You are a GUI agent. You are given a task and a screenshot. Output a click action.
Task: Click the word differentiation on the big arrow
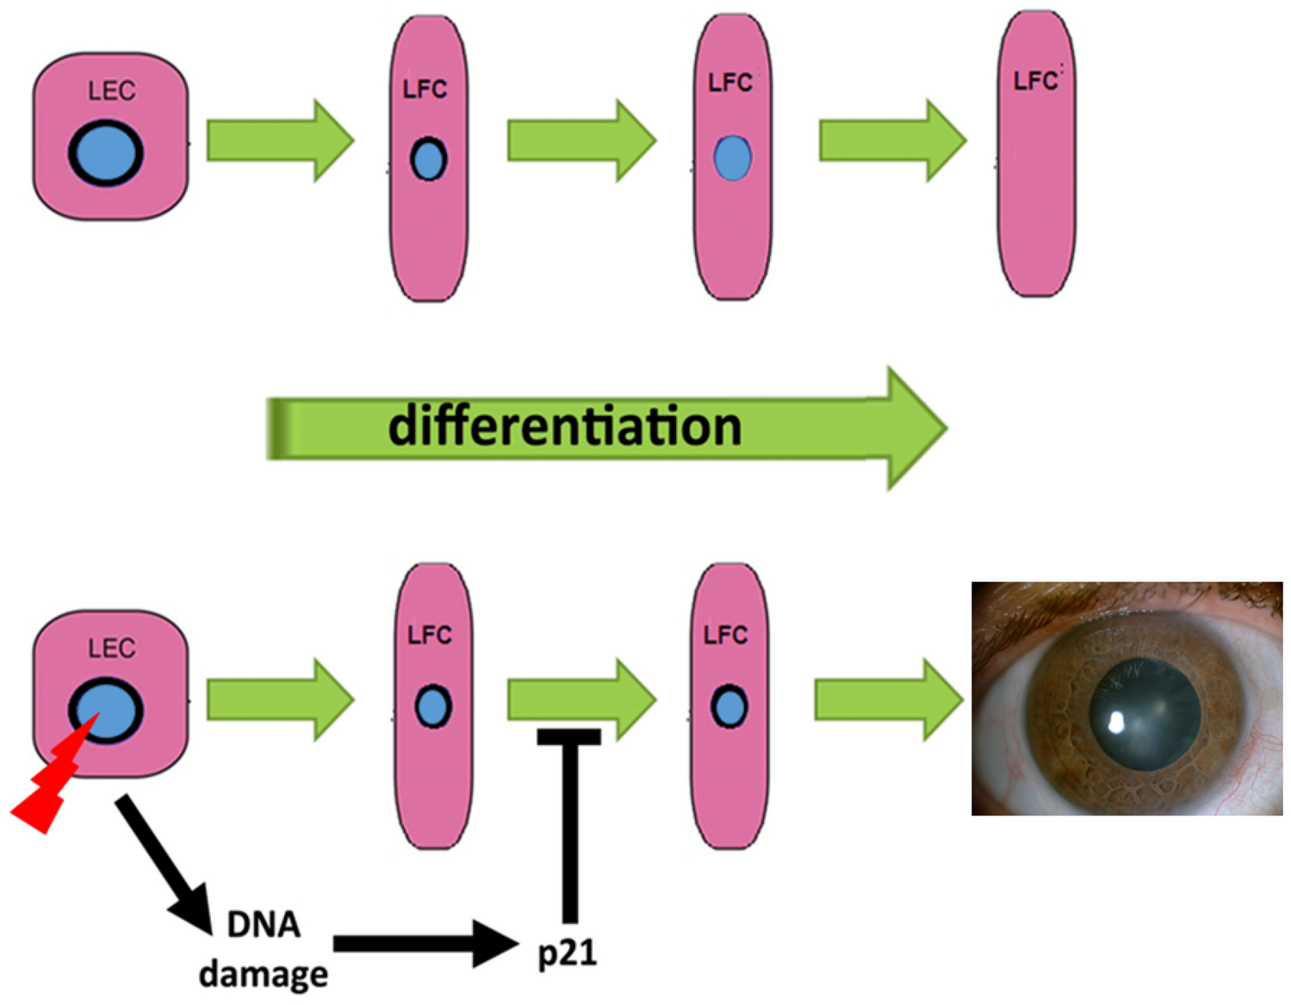click(564, 426)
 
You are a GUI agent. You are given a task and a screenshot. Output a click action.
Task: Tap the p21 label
click(567, 952)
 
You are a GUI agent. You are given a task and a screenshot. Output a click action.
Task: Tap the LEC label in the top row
click(111, 90)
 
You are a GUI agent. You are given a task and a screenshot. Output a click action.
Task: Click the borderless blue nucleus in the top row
click(732, 158)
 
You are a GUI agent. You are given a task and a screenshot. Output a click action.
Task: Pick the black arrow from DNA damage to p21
click(422, 944)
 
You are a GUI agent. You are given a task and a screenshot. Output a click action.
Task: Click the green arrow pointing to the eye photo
click(887, 699)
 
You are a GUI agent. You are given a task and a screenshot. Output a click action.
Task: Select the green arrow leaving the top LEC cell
click(279, 140)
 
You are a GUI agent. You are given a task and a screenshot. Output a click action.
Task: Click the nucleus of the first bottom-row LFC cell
click(432, 707)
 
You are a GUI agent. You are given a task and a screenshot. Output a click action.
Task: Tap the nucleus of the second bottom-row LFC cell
click(729, 707)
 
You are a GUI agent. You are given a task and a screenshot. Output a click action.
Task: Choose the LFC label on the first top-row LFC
click(425, 89)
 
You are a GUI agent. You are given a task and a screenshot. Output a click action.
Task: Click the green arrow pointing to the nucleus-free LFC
click(891, 140)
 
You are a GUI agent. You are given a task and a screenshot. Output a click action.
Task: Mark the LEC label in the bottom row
click(111, 648)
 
